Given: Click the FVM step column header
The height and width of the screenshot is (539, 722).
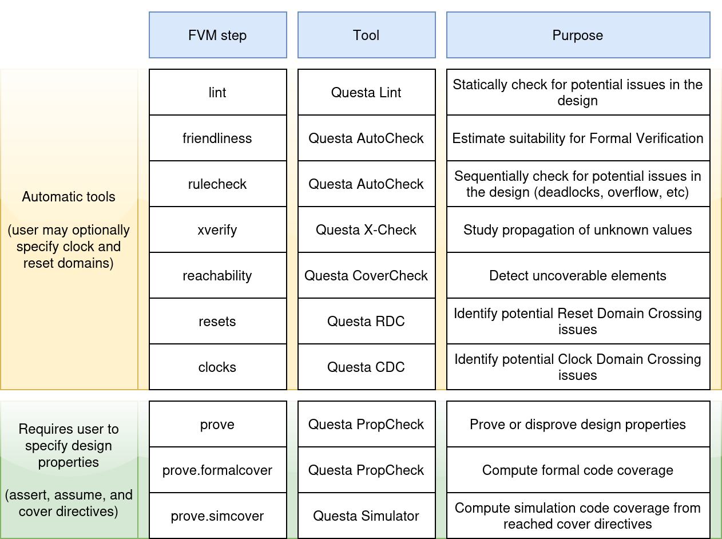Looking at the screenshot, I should pyautogui.click(x=217, y=35).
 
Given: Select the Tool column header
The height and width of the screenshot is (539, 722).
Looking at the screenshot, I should pyautogui.click(x=366, y=35).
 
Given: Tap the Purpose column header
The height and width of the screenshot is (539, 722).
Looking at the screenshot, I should pyautogui.click(x=578, y=35).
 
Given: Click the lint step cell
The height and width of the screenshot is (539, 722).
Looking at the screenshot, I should pyautogui.click(x=217, y=93).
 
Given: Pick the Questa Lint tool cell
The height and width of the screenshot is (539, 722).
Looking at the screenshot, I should pyautogui.click(x=366, y=93).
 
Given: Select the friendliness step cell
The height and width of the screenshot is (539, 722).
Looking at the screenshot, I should pyautogui.click(x=217, y=138).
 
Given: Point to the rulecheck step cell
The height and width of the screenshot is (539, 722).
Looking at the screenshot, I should pyautogui.click(x=217, y=184).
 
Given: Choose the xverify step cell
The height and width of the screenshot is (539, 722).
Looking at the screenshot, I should pyautogui.click(x=217, y=230).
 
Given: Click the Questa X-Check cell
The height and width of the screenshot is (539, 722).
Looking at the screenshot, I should pyautogui.click(x=366, y=230).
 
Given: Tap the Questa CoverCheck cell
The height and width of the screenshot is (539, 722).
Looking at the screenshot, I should pyautogui.click(x=366, y=276).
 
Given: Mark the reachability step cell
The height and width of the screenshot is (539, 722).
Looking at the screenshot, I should pyautogui.click(x=217, y=276).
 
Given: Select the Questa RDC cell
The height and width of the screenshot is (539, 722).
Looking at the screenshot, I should pyautogui.click(x=366, y=322).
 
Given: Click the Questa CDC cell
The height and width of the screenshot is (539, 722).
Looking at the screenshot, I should pyautogui.click(x=366, y=367).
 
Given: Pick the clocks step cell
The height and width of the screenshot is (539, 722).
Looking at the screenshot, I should pyautogui.click(x=217, y=367).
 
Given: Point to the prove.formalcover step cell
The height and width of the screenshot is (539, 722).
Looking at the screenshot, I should pyautogui.click(x=217, y=470).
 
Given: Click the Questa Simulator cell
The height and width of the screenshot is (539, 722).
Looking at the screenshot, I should pyautogui.click(x=366, y=516).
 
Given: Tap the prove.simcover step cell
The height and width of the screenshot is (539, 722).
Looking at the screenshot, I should pyautogui.click(x=217, y=516).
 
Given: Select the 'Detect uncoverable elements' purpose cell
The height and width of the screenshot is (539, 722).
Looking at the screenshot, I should pyautogui.click(x=578, y=276).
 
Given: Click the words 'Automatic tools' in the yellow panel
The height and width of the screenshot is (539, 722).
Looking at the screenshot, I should pyautogui.click(x=69, y=197).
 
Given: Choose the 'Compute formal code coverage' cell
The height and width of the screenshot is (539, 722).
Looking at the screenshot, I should pyautogui.click(x=578, y=470).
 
